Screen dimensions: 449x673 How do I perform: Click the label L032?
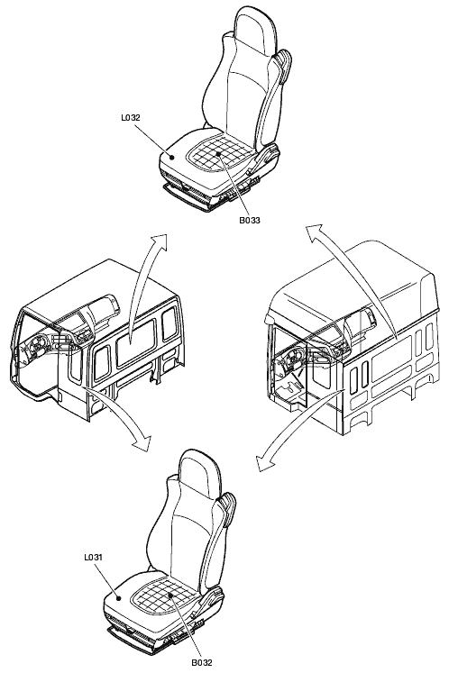131,117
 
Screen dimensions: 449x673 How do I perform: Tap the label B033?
250,221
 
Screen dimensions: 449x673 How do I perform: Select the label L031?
93,558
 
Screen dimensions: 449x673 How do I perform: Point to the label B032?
202,662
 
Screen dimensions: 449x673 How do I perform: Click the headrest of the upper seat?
252,27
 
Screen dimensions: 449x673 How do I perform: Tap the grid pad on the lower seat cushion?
162,594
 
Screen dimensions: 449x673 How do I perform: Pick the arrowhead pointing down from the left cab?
142,442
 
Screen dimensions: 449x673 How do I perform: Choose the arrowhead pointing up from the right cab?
314,232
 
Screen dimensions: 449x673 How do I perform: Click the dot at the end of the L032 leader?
173,157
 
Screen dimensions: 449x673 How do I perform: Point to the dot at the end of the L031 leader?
119,596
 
